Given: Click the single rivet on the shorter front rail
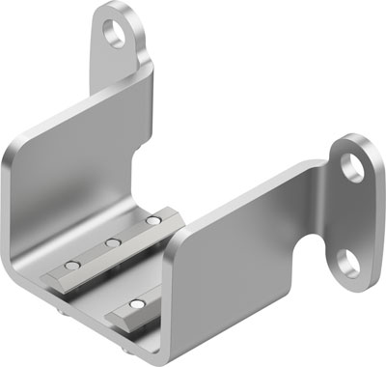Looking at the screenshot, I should coord(135,308).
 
